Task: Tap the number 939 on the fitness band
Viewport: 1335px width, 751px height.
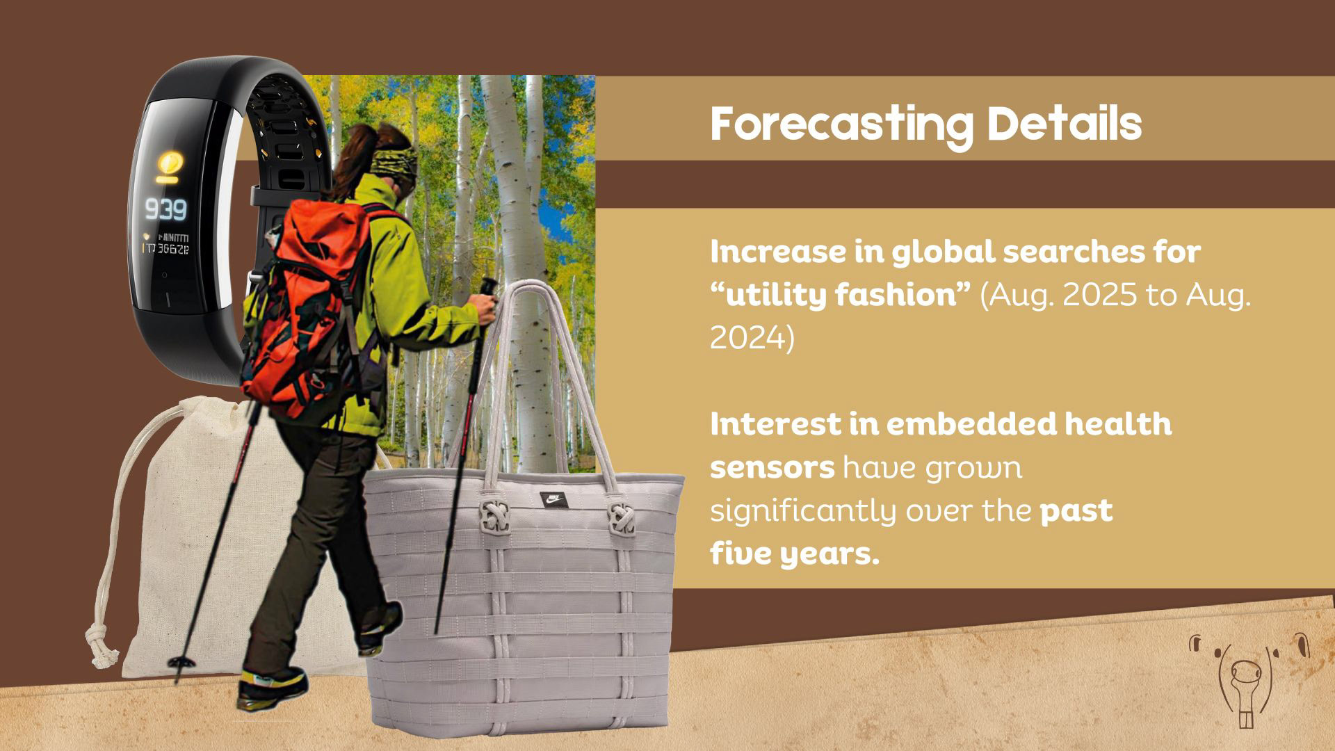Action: pyautogui.click(x=165, y=209)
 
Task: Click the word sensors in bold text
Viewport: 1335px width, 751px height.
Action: pyautogui.click(x=772, y=469)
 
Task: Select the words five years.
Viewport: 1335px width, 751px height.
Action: pyautogui.click(x=795, y=555)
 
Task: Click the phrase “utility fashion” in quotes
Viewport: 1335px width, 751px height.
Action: pyautogui.click(x=840, y=295)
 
